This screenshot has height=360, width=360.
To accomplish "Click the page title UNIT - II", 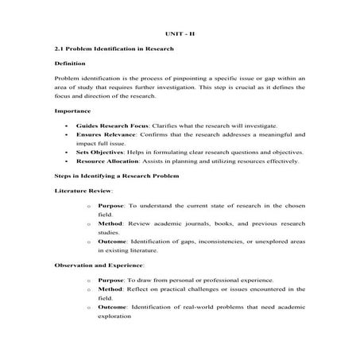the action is click(x=180, y=35).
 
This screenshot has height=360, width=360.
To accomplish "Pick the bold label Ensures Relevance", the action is click(x=103, y=135).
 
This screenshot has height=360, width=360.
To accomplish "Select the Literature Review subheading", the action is click(x=83, y=191).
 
